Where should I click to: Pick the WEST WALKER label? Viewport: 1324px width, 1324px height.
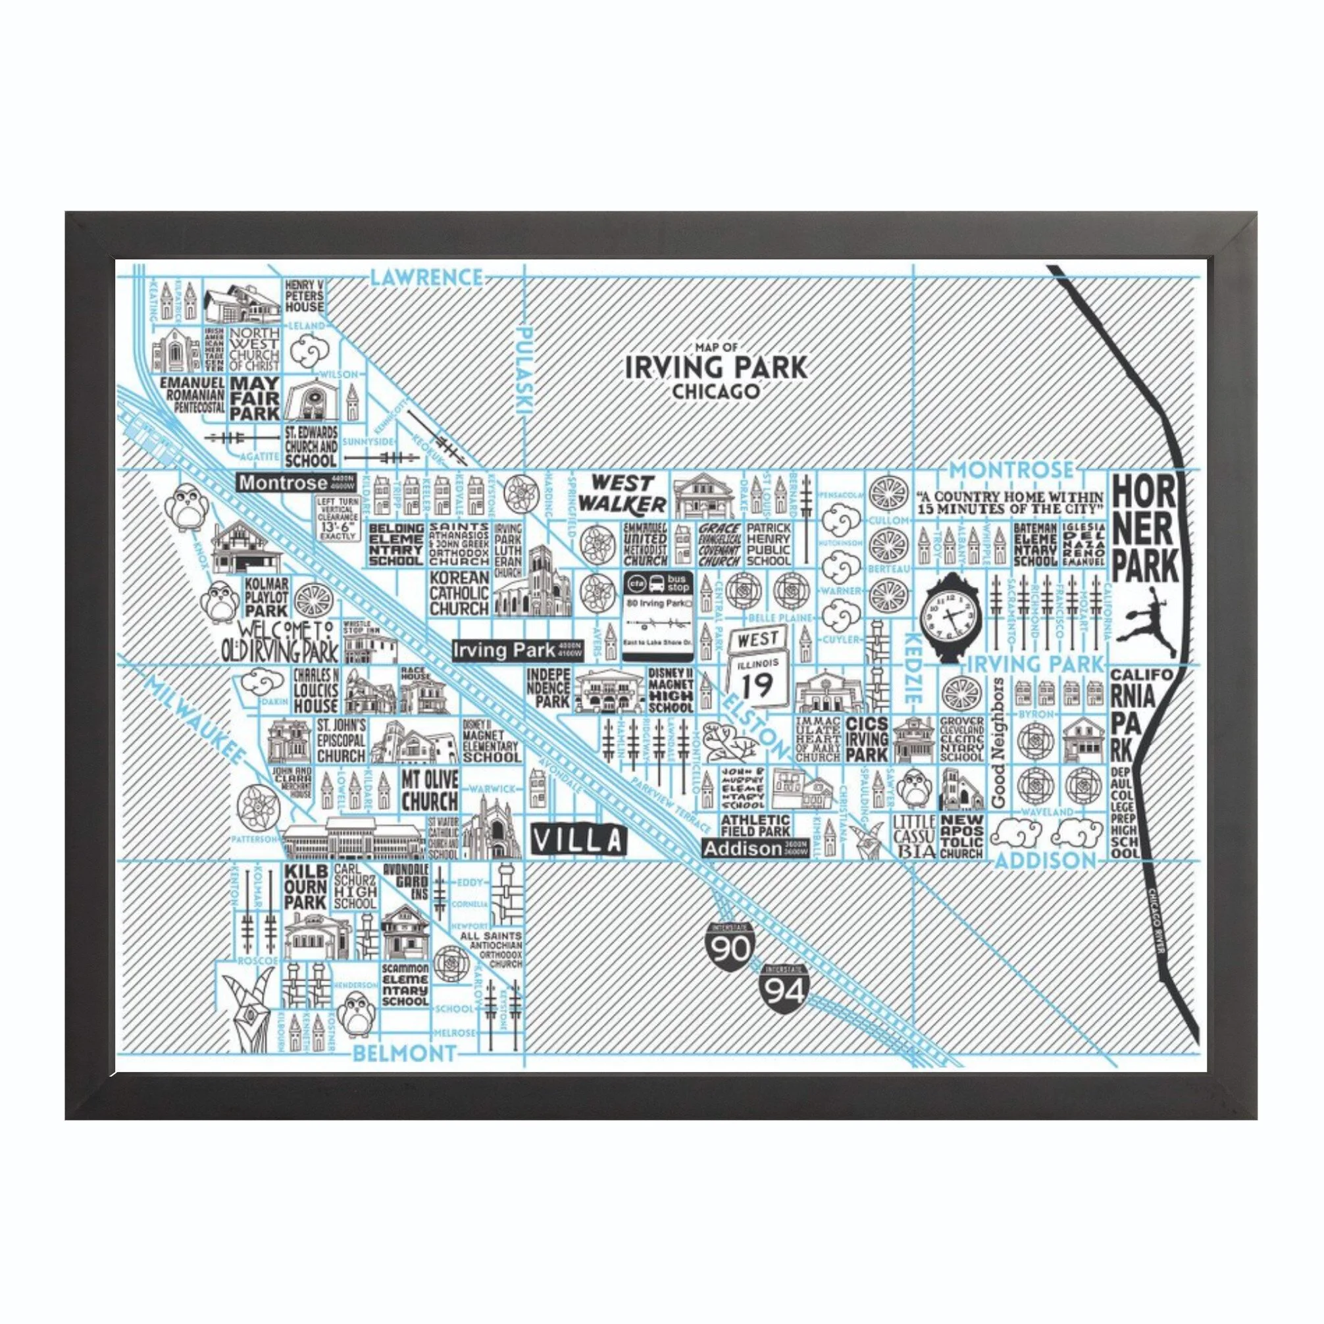tap(620, 494)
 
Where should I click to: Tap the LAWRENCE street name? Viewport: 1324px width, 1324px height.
tap(425, 278)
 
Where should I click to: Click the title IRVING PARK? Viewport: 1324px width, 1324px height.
tap(716, 367)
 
